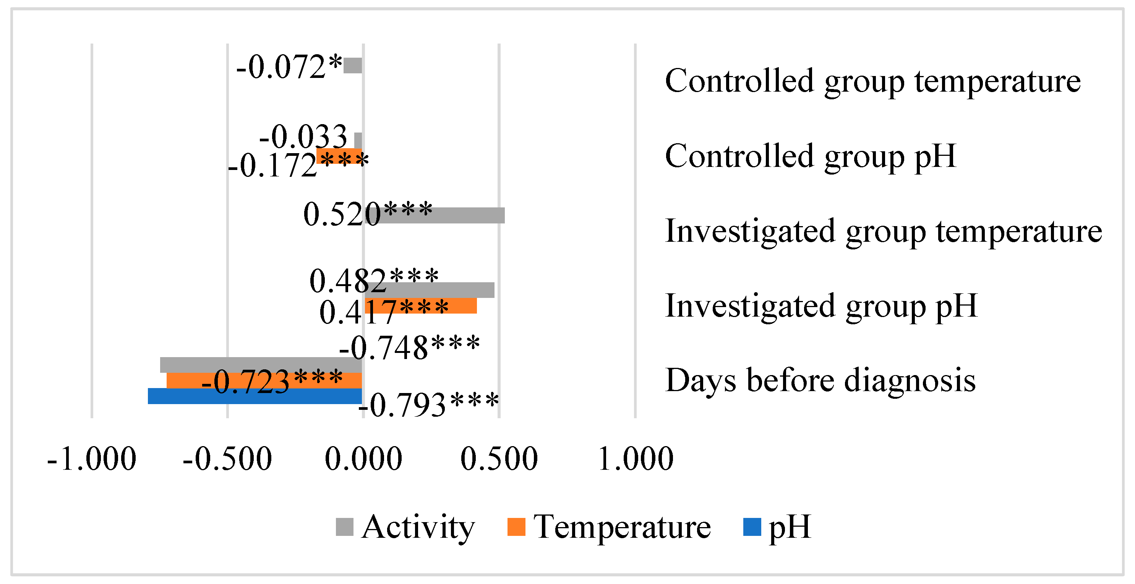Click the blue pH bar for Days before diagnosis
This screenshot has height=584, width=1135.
click(255, 396)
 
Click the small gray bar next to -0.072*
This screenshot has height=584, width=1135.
click(352, 65)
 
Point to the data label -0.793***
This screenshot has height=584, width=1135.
click(428, 405)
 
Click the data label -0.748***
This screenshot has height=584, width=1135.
click(409, 348)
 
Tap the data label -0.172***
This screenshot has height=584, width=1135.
click(298, 165)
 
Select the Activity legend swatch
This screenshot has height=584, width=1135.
click(345, 527)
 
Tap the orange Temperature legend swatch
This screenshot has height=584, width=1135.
click(516, 527)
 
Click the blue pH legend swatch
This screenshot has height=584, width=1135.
click(752, 527)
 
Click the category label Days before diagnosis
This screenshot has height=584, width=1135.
click(820, 380)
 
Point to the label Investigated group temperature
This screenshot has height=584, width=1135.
click(884, 231)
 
